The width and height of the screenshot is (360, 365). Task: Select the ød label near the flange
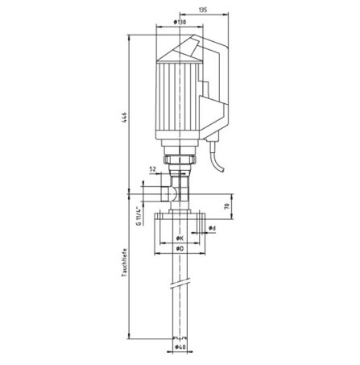coord(211,229)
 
